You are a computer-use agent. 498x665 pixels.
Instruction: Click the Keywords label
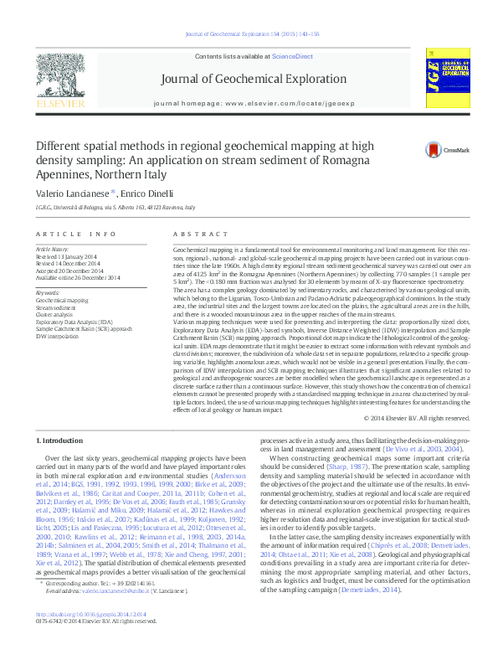tap(48, 292)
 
